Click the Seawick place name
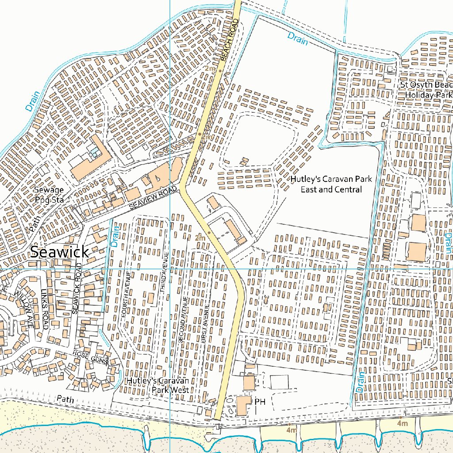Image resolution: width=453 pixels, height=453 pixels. point(59,252)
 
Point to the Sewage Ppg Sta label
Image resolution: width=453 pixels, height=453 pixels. point(49,195)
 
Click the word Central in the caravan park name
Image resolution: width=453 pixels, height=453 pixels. point(348,189)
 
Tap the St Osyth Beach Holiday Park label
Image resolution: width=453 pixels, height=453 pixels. point(426,89)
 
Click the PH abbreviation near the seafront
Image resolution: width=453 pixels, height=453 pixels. point(260,401)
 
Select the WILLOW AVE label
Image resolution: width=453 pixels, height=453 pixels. point(23,305)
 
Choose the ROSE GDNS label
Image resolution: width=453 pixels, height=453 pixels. point(90,357)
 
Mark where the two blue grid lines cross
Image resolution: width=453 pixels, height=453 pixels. point(170,269)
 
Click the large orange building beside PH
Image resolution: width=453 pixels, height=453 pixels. point(242,405)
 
